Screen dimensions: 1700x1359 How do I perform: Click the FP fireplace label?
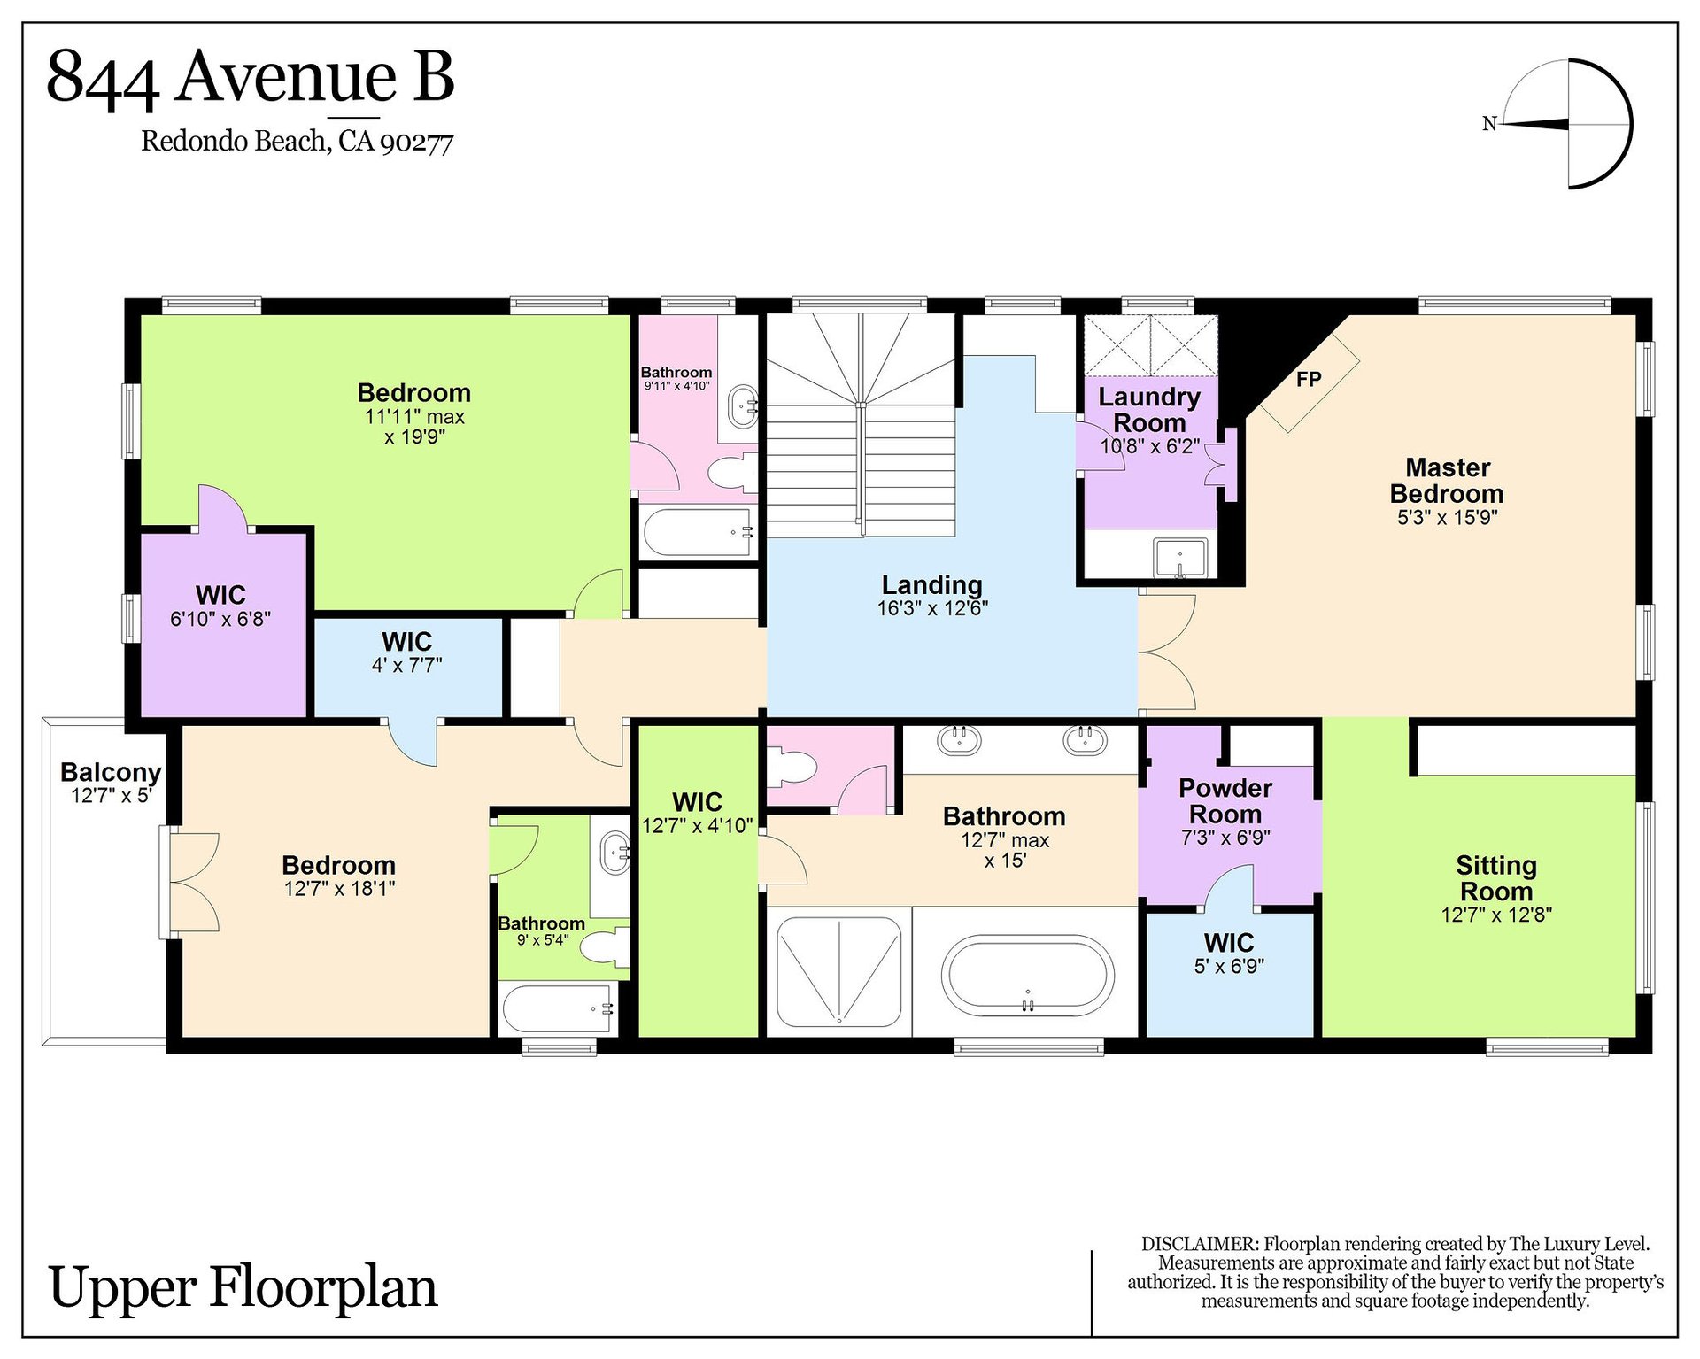(1309, 380)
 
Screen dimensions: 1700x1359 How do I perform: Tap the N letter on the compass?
(1489, 124)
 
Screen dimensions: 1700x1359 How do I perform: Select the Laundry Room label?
(1149, 410)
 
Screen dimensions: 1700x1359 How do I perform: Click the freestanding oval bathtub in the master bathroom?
(1027, 976)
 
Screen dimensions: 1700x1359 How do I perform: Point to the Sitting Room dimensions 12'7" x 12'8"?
(1496, 915)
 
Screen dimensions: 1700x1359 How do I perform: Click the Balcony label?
(111, 772)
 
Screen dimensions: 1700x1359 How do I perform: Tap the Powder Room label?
(1225, 801)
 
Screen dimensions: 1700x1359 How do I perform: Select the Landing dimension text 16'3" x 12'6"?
(932, 608)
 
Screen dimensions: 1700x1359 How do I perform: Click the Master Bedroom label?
(1447, 481)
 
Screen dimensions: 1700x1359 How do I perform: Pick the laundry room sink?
(1180, 558)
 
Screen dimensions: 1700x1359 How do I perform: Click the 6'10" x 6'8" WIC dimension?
(220, 619)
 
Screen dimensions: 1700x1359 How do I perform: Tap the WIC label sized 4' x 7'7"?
(407, 642)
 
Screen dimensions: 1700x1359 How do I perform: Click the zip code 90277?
(416, 142)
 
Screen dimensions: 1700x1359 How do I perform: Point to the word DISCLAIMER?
(1200, 1244)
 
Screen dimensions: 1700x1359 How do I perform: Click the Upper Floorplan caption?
(243, 1288)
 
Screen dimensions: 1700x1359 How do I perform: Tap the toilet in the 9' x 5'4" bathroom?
(606, 946)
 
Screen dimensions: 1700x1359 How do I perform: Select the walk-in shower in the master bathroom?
(838, 971)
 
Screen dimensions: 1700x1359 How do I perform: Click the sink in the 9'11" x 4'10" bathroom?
(742, 406)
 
